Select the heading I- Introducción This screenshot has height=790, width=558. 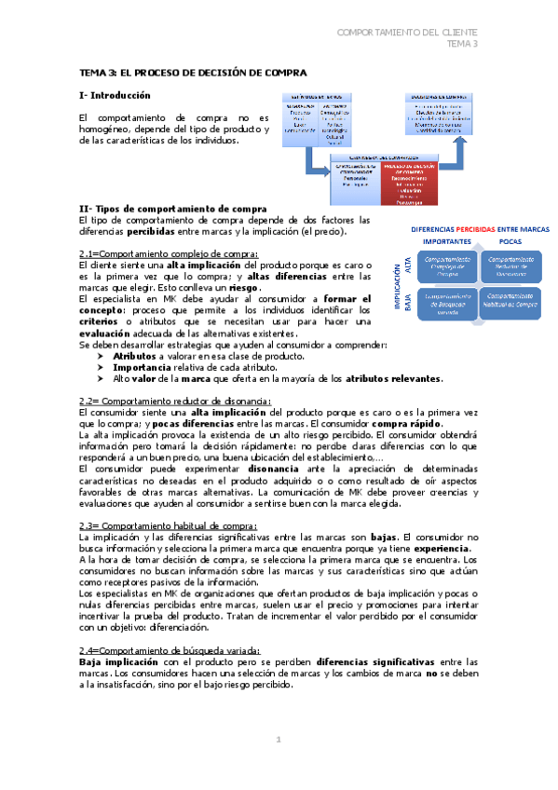[115, 95]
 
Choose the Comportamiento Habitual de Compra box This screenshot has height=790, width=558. [510, 301]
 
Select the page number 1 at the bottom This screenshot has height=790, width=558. [278, 740]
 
